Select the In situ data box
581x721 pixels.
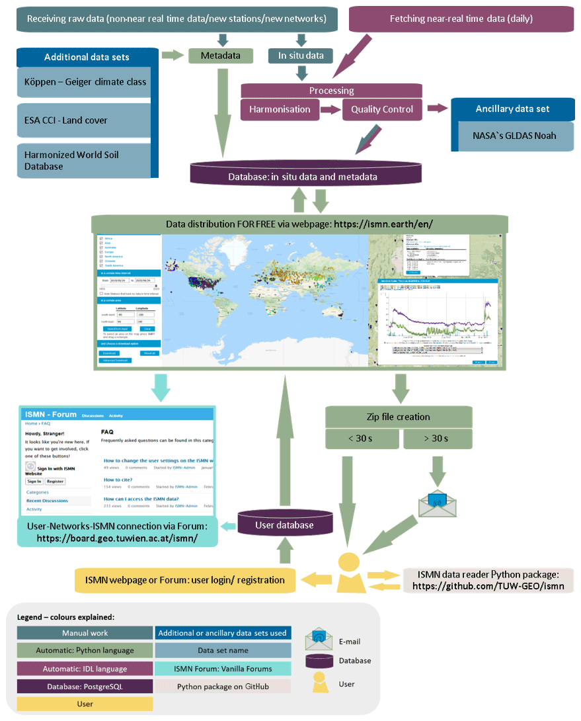(x=301, y=56)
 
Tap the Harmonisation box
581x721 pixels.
(x=280, y=109)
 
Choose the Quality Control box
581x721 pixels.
(x=382, y=109)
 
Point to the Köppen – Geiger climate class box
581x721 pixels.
(x=85, y=82)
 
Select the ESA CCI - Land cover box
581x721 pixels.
(x=85, y=120)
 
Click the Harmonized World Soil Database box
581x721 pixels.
(x=85, y=161)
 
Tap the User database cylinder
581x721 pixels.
(x=285, y=525)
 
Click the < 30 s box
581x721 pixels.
(x=362, y=439)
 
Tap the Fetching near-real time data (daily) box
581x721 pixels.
(x=461, y=19)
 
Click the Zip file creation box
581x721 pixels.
(x=398, y=417)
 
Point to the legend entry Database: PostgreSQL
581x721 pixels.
(x=85, y=687)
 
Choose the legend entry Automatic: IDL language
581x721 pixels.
(x=85, y=669)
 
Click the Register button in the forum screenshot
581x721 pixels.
(x=55, y=481)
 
